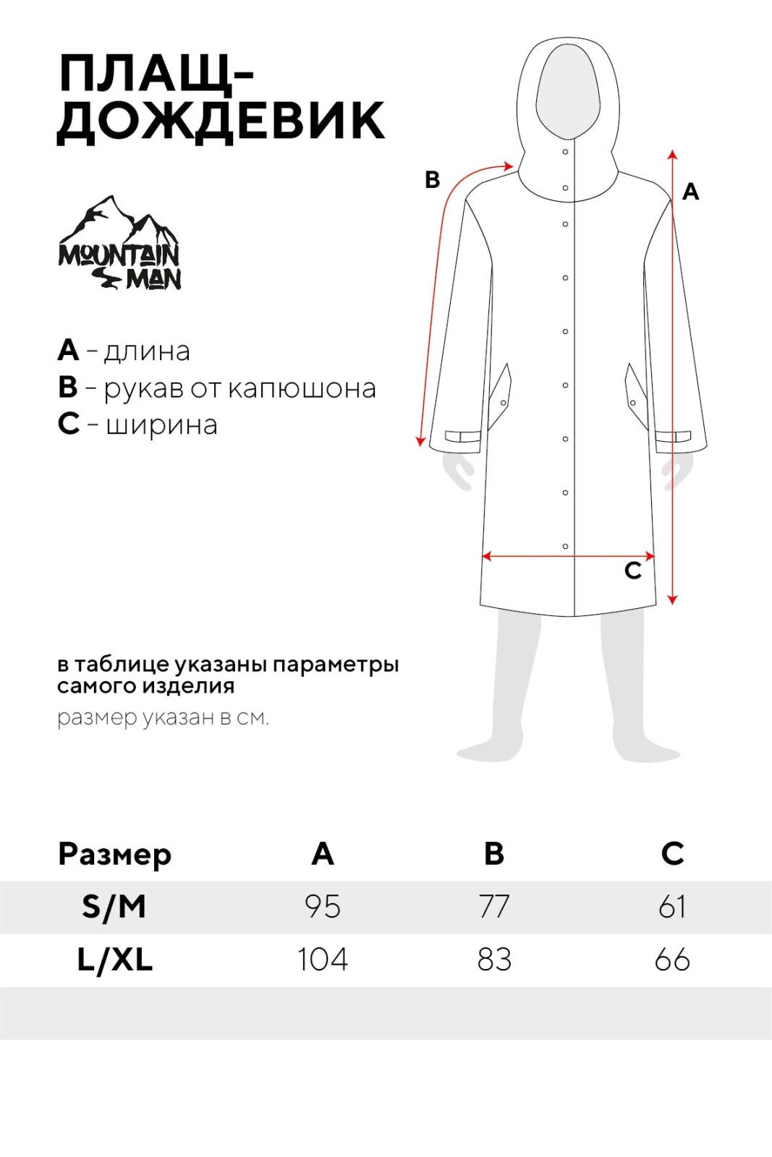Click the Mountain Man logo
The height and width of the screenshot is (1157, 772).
(119, 244)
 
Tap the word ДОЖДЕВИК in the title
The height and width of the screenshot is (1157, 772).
(221, 121)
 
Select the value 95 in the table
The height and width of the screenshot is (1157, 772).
(322, 907)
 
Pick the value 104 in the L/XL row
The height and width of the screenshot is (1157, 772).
(322, 960)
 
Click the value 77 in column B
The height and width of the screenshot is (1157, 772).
(494, 907)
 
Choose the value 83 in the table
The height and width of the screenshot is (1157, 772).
(494, 960)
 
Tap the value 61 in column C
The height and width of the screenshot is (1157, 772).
(672, 907)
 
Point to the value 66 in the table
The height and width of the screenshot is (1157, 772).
(672, 960)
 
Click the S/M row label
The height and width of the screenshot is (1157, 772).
(114, 907)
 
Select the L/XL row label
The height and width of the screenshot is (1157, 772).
(115, 960)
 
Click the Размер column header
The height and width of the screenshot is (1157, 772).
(114, 855)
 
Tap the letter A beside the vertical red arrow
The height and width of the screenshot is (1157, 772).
(690, 192)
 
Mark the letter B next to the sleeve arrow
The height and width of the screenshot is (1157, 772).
(432, 179)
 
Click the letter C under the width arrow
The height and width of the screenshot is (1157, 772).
(633, 571)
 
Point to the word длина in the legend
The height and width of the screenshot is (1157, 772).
(147, 351)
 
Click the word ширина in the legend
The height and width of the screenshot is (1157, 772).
(161, 424)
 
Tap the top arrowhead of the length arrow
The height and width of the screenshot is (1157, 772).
(672, 154)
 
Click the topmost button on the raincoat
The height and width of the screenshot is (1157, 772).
(565, 152)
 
